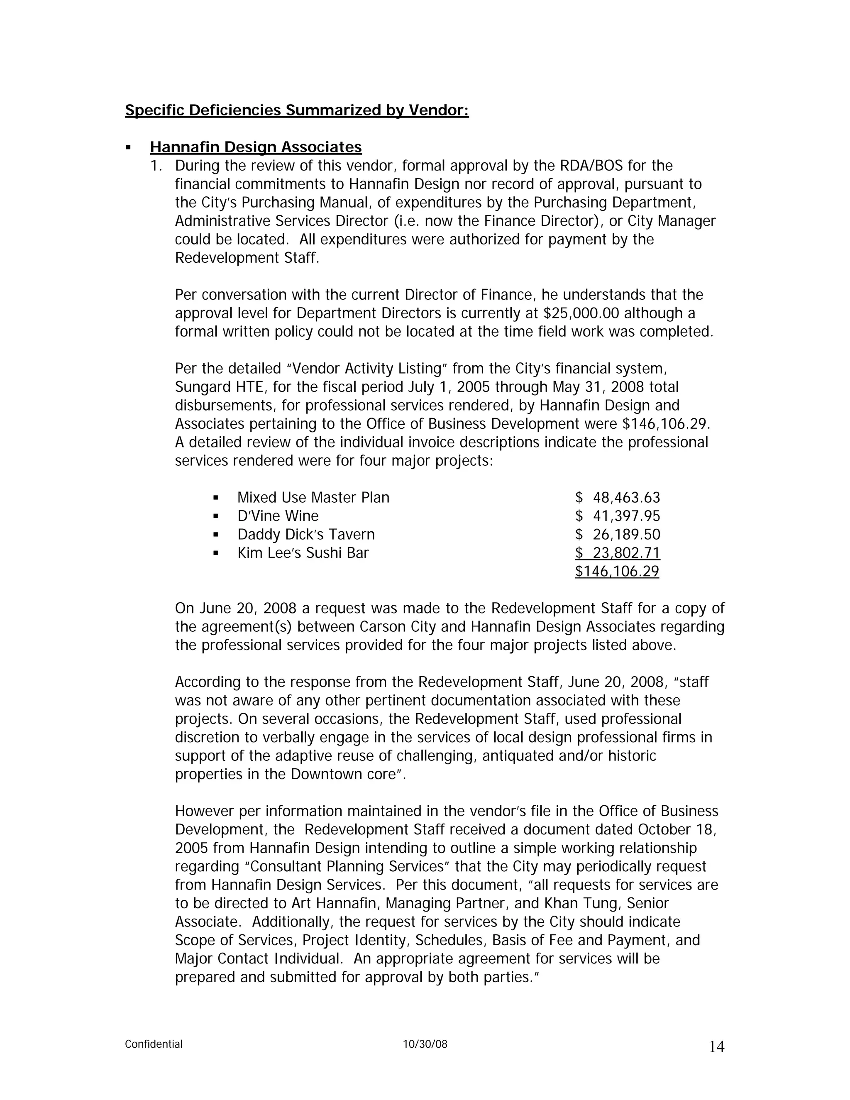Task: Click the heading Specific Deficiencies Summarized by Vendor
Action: point(297,110)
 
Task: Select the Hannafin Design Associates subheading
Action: point(256,147)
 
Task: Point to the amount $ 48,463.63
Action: point(617,498)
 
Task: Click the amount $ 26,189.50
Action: point(617,534)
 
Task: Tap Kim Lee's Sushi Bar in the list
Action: point(303,553)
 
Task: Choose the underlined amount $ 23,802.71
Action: point(617,553)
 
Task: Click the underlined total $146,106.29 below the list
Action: point(617,571)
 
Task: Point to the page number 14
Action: point(716,1047)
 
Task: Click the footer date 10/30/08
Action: point(425,1044)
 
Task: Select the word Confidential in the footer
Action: point(154,1044)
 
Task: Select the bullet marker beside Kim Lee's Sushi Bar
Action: point(216,553)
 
